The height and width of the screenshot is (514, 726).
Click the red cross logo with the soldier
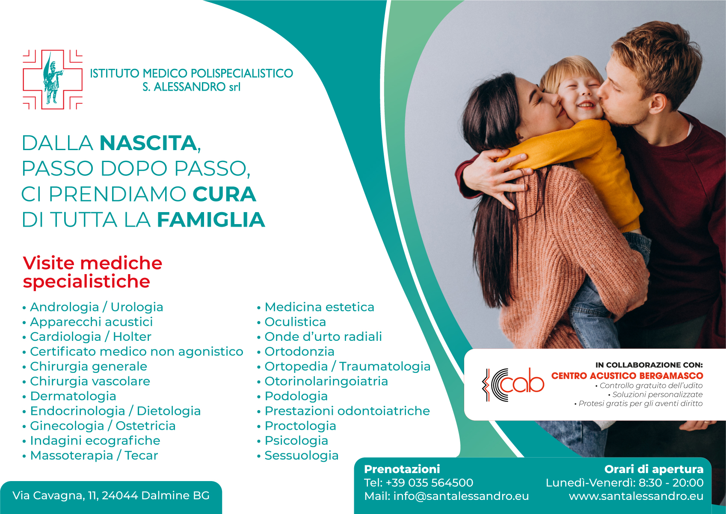tap(53, 80)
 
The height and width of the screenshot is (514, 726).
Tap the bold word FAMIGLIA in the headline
tap(211, 220)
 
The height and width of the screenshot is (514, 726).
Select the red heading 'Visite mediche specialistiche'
tap(92, 272)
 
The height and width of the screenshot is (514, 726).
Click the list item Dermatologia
tap(73, 396)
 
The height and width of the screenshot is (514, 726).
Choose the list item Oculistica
tap(295, 322)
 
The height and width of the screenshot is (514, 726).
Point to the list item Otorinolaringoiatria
tap(326, 381)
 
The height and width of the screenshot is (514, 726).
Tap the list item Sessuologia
tap(302, 455)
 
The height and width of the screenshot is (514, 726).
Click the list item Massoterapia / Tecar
tap(94, 455)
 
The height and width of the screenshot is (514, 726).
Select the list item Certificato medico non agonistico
tap(136, 352)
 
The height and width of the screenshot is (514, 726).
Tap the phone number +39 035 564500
tap(430, 483)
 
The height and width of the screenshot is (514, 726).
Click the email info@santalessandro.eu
tap(461, 496)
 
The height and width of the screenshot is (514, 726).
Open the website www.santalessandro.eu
tap(636, 496)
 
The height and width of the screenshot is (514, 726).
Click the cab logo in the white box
tap(513, 385)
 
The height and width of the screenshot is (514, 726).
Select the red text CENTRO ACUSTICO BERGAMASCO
tap(627, 376)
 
